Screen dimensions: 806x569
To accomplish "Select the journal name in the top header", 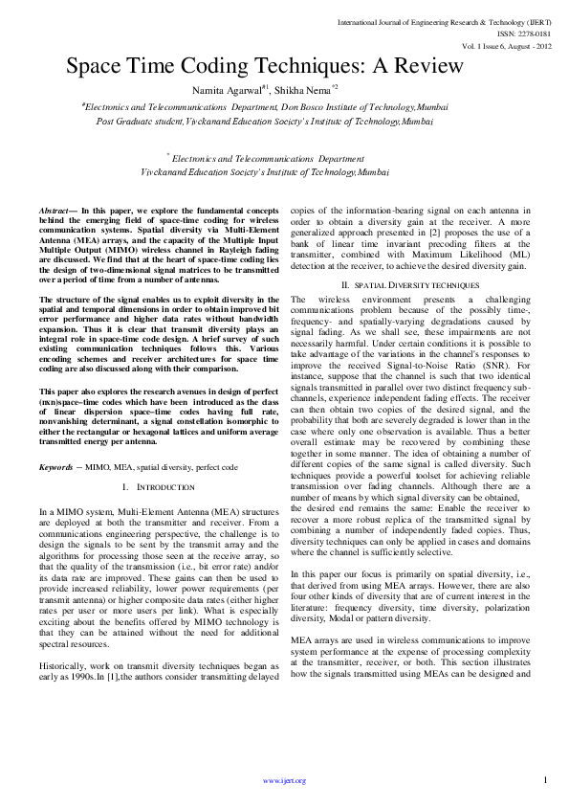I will (443, 20).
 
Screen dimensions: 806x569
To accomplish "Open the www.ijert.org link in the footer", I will (284, 781).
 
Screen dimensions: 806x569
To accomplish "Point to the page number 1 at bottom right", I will (544, 779).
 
